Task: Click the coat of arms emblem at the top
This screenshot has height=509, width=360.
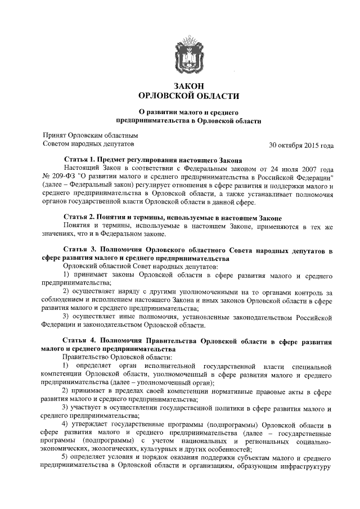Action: (x=188, y=53)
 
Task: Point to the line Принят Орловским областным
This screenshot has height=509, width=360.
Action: (x=91, y=135)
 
